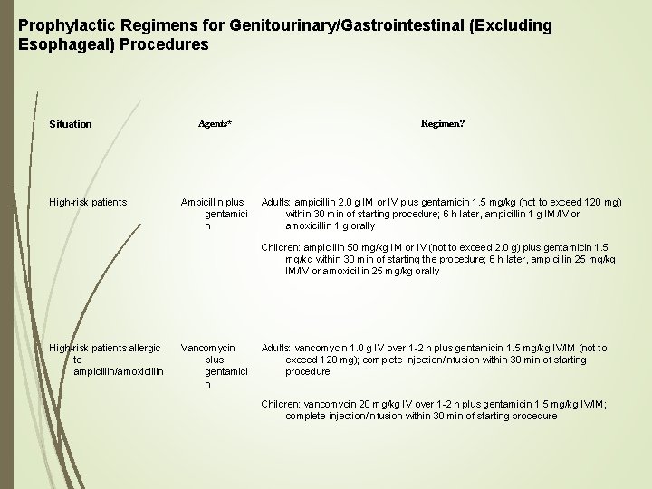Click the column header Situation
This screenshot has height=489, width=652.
(x=71, y=123)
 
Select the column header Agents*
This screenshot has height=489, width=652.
(x=215, y=123)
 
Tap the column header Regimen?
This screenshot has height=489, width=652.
(x=443, y=122)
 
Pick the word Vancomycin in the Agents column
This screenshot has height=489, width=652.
(x=207, y=348)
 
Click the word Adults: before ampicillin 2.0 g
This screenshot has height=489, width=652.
(x=276, y=201)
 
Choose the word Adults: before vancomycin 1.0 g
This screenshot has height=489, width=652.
(x=276, y=348)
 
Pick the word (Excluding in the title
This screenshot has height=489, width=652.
(x=506, y=25)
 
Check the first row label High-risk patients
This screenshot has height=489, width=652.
(x=88, y=201)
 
